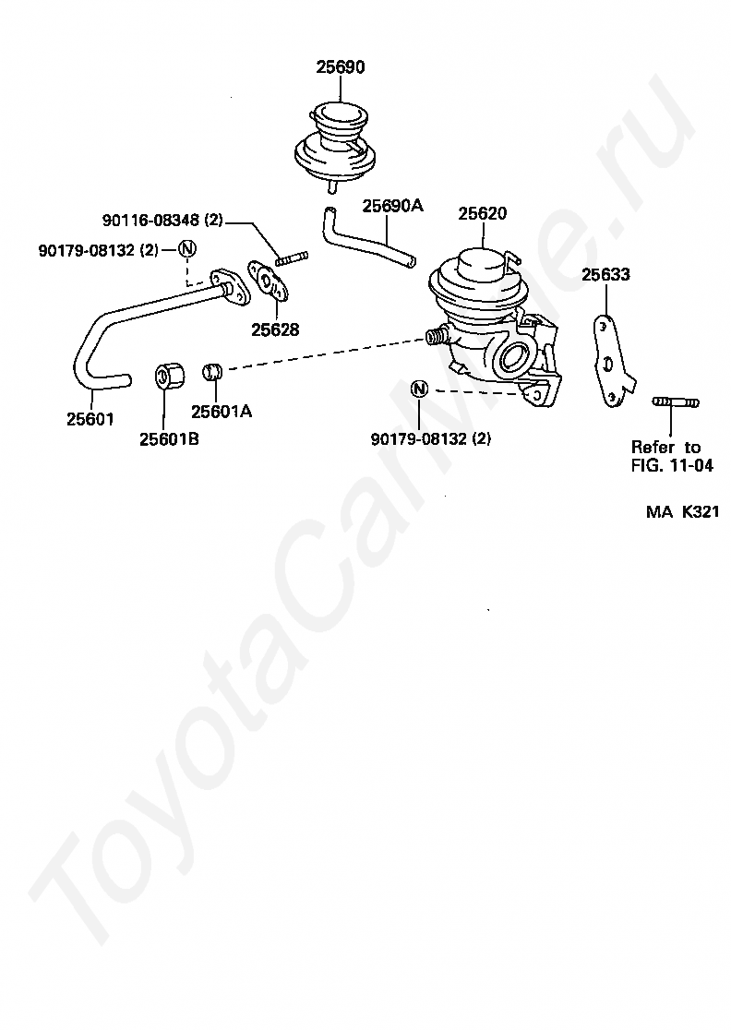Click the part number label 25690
341,67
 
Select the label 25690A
391,206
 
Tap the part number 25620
483,213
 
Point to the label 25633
605,274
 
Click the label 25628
275,329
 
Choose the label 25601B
169,439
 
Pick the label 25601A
222,412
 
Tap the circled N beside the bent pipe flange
187,249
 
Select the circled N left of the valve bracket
419,389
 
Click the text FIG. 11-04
672,465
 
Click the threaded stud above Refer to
676,401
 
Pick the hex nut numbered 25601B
167,376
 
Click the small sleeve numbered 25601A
214,372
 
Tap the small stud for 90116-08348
291,257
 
